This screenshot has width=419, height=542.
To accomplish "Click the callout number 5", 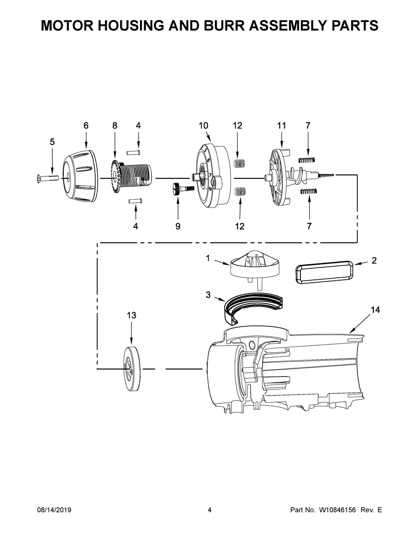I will pos(52,142).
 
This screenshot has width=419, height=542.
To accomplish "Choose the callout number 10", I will pos(203,125).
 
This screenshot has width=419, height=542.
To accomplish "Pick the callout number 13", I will pos(131,315).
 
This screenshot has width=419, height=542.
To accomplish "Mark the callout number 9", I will pos(178,226).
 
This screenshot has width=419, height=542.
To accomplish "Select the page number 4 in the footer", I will pos(209,510).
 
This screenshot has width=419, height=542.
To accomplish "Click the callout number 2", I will pos(374,261).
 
